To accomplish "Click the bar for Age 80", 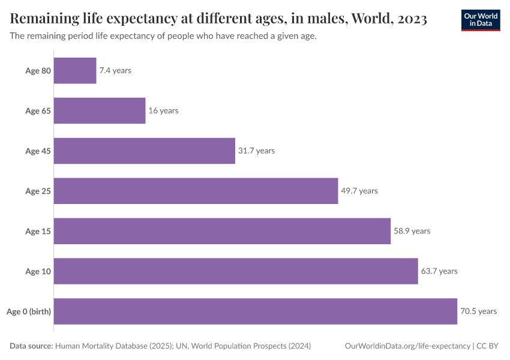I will click(x=75, y=71).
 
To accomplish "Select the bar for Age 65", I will click(x=100, y=111).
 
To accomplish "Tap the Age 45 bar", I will click(x=145, y=151).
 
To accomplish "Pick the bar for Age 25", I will click(x=196, y=191).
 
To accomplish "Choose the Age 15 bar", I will click(x=222, y=231).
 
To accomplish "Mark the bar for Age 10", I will click(x=236, y=271).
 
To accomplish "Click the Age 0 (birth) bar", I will click(x=256, y=311).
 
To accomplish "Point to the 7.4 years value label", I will click(x=115, y=71).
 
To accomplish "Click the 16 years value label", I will click(x=163, y=111).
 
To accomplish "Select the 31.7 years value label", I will click(x=256, y=151).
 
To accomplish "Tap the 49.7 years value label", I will click(x=359, y=191).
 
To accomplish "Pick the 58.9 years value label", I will click(x=412, y=231).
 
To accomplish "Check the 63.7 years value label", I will click(x=439, y=271).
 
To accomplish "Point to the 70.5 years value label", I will click(x=479, y=311).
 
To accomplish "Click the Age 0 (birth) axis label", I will click(x=28, y=311).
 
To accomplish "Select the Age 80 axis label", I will click(x=38, y=71).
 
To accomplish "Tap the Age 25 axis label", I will click(x=38, y=191).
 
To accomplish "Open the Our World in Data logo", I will click(x=480, y=20).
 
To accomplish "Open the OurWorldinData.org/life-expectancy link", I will click(x=408, y=346).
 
